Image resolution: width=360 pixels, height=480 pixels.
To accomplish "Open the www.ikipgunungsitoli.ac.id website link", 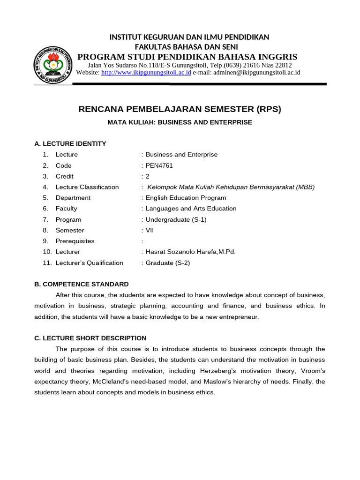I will (146, 73).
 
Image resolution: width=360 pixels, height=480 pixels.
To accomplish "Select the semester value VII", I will (150, 230).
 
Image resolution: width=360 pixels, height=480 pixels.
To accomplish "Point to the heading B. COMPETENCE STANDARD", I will (82, 284).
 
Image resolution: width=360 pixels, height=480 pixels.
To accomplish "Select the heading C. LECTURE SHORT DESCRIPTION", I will (90, 338).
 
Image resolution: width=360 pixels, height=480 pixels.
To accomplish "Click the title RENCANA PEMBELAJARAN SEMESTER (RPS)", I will (180, 109).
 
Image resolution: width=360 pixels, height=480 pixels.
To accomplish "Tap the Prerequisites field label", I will (75, 241).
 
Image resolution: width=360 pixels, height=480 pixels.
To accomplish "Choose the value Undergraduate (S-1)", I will (176, 219).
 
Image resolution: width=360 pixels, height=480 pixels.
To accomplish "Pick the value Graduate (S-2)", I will (168, 262).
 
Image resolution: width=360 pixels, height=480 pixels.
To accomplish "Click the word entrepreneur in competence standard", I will (233, 317).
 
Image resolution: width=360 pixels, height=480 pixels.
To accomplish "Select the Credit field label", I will (65, 176).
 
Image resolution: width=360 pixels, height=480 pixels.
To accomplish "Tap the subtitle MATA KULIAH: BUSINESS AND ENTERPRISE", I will (180, 122).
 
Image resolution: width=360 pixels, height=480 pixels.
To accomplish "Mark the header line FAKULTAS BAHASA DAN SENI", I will (186, 47).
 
